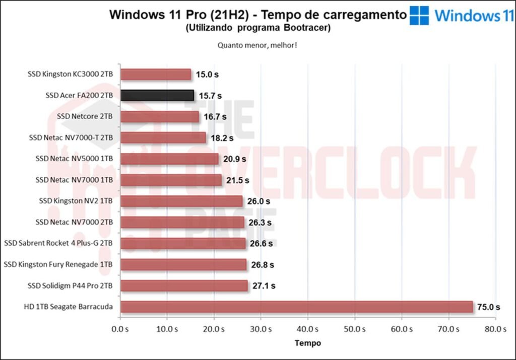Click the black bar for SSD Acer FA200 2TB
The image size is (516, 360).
[x=157, y=95]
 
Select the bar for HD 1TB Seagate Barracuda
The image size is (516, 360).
[x=296, y=307]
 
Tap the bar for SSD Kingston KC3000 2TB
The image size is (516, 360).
[x=156, y=74]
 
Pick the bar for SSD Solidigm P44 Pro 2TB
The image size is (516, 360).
[x=184, y=285]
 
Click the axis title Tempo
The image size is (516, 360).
[x=307, y=343]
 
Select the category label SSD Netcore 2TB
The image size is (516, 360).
[x=85, y=116]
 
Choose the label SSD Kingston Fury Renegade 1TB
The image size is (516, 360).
[x=58, y=264]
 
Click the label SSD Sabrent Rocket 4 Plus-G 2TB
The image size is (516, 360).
[x=58, y=243]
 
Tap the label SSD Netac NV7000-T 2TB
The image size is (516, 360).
[x=71, y=137]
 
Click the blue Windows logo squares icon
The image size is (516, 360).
[x=419, y=16]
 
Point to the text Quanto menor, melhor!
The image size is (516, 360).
[x=257, y=45]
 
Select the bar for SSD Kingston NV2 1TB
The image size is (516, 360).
[x=181, y=201]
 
